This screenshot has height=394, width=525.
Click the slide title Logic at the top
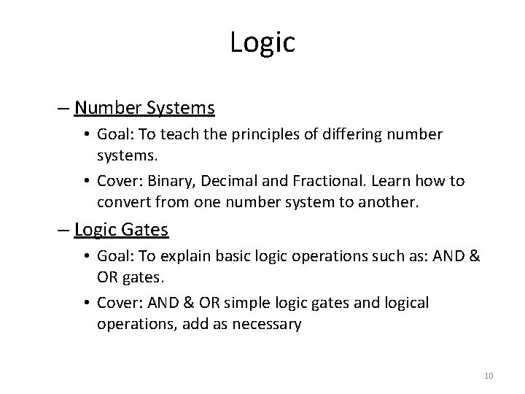point(262,42)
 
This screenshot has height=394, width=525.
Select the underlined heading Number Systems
point(144,109)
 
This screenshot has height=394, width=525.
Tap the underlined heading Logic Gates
point(121,231)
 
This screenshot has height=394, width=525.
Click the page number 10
point(489,376)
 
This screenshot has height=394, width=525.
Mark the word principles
point(262,136)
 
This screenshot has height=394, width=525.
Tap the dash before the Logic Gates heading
point(66,231)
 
